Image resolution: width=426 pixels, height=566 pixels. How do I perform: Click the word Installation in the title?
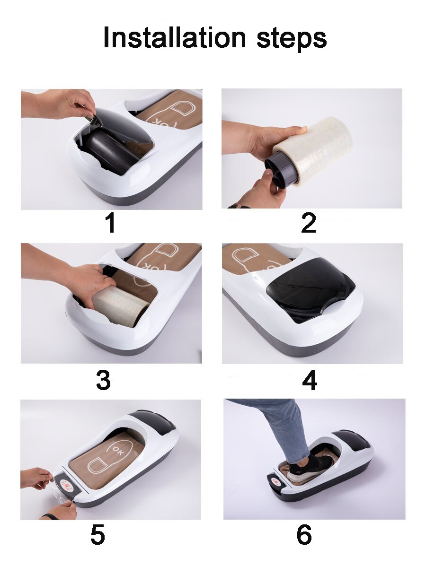[x=175, y=37]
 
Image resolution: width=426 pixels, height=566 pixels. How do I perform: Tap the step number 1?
[x=110, y=223]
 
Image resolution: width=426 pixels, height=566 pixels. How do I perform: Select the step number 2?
[x=308, y=223]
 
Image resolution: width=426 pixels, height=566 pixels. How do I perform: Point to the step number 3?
[x=104, y=380]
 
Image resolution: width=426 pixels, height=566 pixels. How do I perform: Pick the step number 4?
[x=309, y=380]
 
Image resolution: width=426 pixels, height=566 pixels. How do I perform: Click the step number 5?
[x=98, y=535]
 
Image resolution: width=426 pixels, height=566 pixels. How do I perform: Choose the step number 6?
[x=304, y=535]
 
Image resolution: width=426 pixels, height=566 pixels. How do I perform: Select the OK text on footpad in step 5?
[x=117, y=450]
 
